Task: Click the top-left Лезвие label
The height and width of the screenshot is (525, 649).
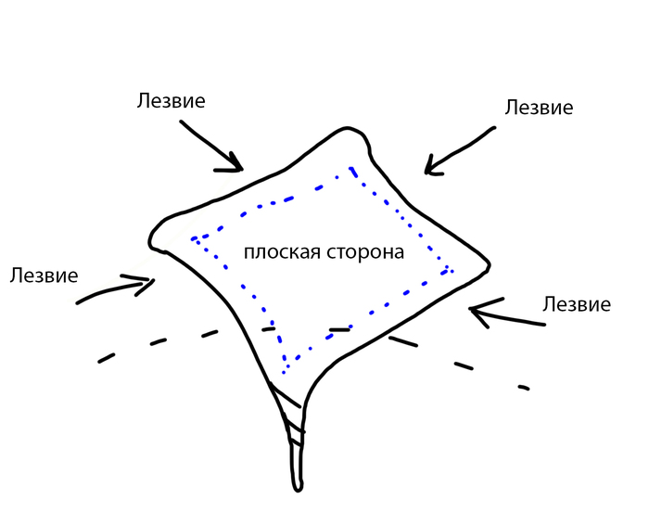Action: point(171,100)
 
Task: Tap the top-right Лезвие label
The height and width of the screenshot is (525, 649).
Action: point(539,108)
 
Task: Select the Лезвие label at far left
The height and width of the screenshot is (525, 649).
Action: point(44,275)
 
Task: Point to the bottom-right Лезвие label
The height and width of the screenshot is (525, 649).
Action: point(577,304)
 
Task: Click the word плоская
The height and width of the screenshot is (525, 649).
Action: point(282,252)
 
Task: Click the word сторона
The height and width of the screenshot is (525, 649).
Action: point(365,252)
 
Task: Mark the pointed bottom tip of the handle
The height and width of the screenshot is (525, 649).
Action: point(298,491)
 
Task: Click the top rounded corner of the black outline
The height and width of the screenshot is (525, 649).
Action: point(348,128)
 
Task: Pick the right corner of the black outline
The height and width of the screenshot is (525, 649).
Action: point(490,265)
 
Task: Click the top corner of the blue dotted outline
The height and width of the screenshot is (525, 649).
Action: point(351,169)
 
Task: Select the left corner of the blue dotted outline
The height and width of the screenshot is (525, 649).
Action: point(193,239)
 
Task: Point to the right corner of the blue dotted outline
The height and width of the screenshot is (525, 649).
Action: point(449,270)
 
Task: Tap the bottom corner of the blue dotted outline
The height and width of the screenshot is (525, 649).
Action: point(284,371)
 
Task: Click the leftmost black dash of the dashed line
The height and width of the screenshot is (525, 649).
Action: point(106,358)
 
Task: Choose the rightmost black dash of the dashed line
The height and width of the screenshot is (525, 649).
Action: point(524,388)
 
